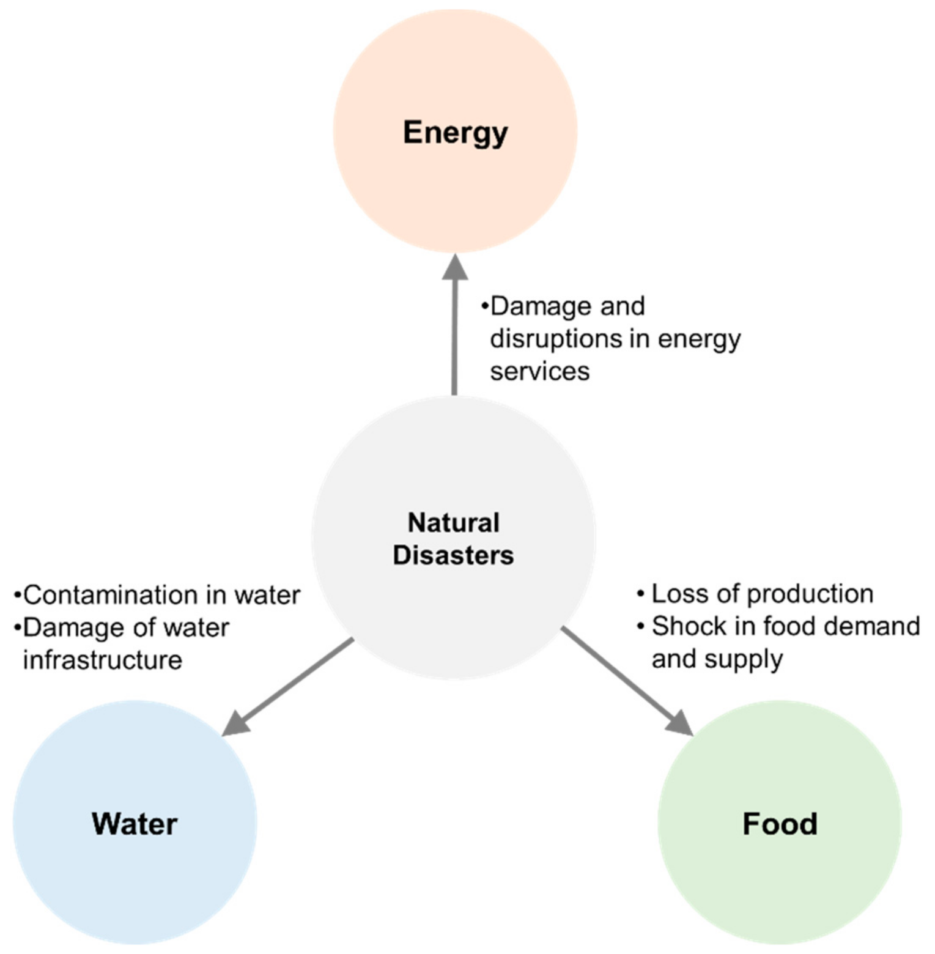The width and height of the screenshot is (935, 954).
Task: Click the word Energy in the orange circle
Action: tap(455, 133)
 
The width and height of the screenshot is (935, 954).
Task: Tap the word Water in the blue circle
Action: tap(135, 824)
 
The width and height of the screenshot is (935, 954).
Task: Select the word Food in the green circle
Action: tap(780, 824)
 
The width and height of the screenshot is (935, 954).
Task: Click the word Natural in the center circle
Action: tap(454, 523)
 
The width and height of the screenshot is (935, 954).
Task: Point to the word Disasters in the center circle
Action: tap(453, 555)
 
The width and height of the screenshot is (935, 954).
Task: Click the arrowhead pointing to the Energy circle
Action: tap(455, 268)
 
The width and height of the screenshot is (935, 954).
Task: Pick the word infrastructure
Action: tap(102, 660)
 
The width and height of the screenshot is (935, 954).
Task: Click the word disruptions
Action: tap(553, 338)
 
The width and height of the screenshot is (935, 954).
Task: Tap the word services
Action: tap(539, 371)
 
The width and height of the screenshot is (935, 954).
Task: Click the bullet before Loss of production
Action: tap(641, 594)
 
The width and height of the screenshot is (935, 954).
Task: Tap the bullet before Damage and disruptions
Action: tap(484, 305)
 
